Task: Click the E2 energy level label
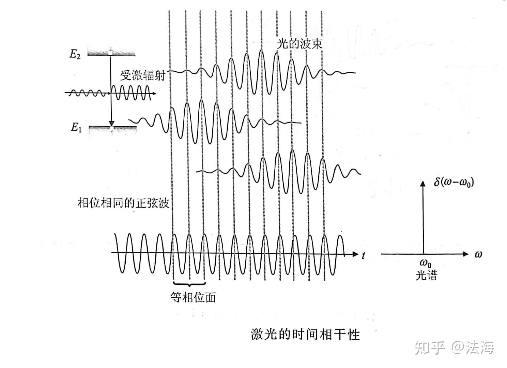(x=75, y=55)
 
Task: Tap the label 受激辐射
(x=142, y=75)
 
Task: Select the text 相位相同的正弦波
(x=123, y=203)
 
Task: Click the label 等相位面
(x=193, y=297)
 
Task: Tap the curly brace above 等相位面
(x=189, y=283)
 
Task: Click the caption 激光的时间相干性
(x=305, y=334)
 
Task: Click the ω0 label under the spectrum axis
(x=425, y=264)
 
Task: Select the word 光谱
(x=426, y=275)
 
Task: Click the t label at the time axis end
(x=364, y=255)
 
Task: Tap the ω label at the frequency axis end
(x=478, y=254)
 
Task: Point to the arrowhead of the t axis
(x=355, y=254)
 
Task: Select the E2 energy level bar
(x=111, y=52)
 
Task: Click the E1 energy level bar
(x=112, y=128)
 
